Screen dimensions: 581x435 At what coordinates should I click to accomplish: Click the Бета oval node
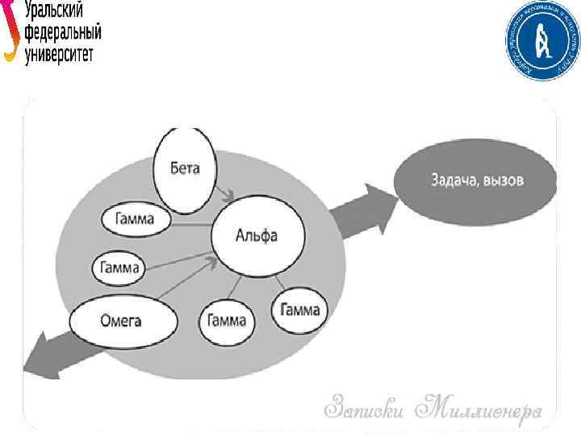[185, 170]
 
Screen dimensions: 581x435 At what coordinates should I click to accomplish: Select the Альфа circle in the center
[257, 236]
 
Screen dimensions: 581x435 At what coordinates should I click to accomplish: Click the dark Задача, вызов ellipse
[476, 180]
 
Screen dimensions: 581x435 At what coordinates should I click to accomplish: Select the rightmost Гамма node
[300, 310]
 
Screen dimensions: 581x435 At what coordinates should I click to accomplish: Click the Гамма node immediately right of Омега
[227, 321]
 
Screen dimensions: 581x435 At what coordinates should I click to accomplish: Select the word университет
[60, 55]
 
